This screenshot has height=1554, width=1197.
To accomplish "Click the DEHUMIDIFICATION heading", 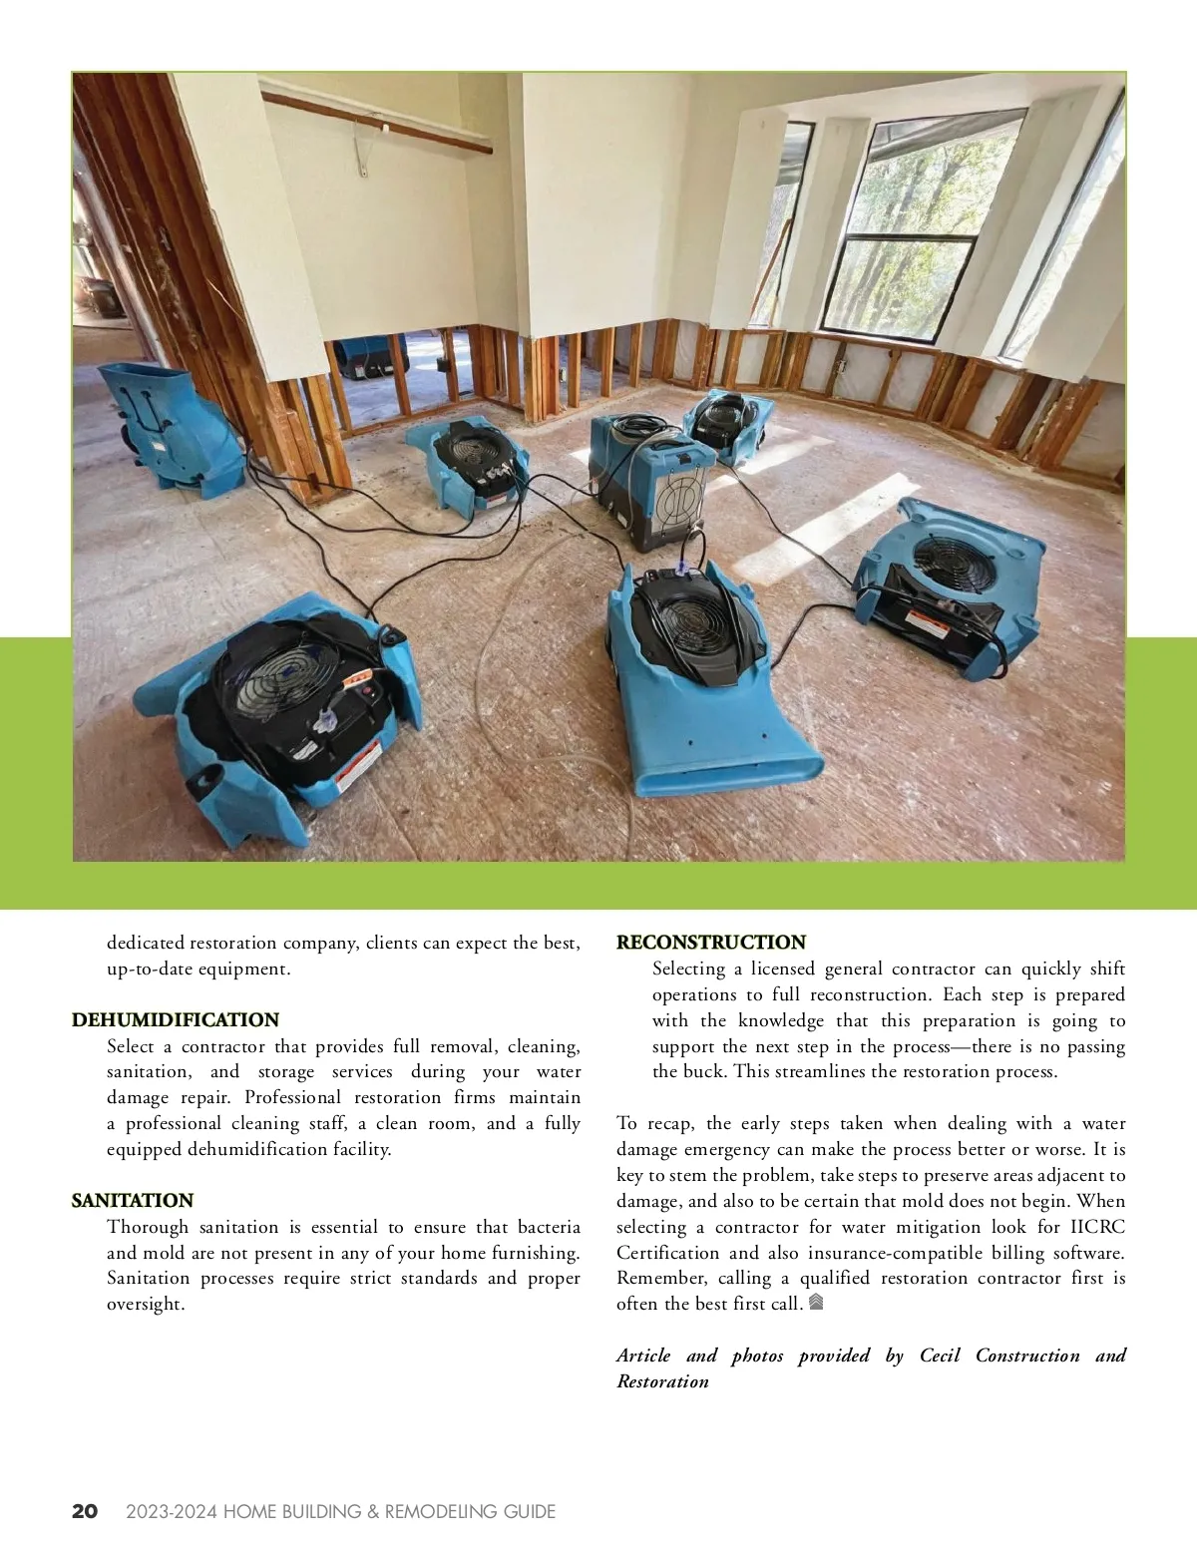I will tap(176, 1019).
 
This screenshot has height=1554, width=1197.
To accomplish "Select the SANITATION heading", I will tap(133, 1200).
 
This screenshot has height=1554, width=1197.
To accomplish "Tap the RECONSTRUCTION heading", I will tap(711, 942).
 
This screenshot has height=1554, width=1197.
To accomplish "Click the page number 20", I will tap(86, 1511).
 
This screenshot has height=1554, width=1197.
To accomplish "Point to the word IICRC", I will tap(1097, 1227).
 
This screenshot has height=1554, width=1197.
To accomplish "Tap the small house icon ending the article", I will tap(816, 1302).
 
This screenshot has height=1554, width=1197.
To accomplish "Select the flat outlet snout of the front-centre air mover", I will tap(728, 768).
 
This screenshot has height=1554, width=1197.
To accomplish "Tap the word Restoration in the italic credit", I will tap(662, 1381).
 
